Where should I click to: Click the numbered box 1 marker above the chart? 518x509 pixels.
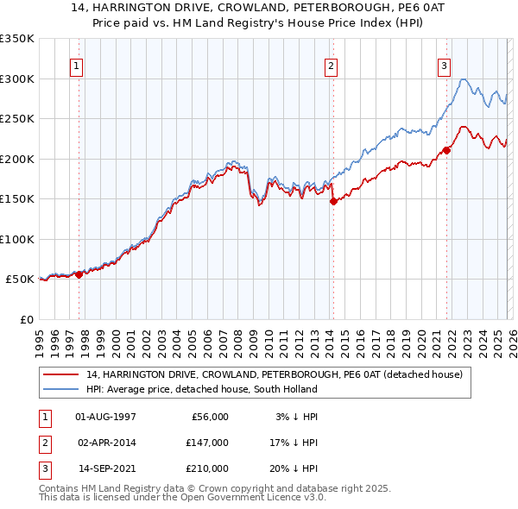point(76,65)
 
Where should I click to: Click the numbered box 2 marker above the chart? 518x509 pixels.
point(332,65)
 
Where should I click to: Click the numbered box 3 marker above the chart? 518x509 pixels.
point(444,65)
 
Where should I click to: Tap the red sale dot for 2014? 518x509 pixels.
point(332,201)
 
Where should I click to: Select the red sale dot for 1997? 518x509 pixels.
point(79,274)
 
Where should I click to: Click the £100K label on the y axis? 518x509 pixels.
point(16,239)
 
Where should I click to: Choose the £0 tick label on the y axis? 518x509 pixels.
point(25,319)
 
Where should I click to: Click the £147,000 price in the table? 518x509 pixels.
point(208,443)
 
